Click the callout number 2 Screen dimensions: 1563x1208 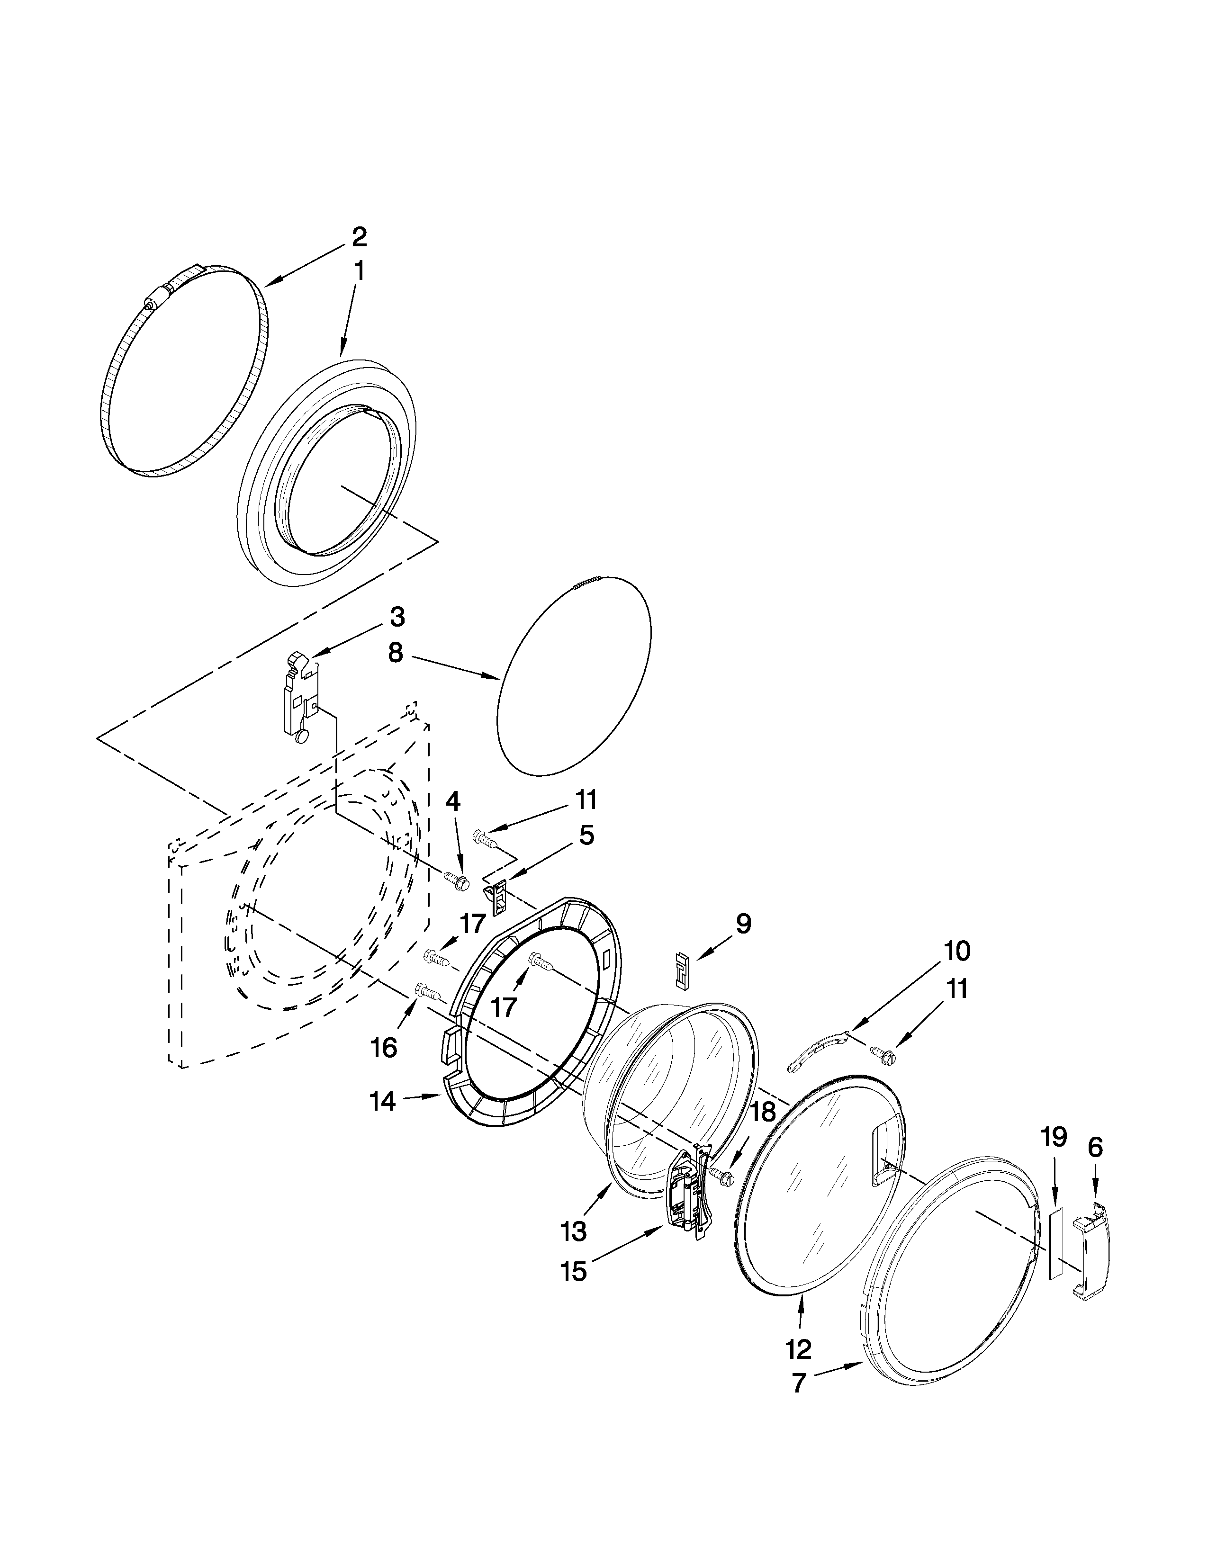[x=359, y=236]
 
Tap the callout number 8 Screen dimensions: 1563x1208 [x=396, y=653]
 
